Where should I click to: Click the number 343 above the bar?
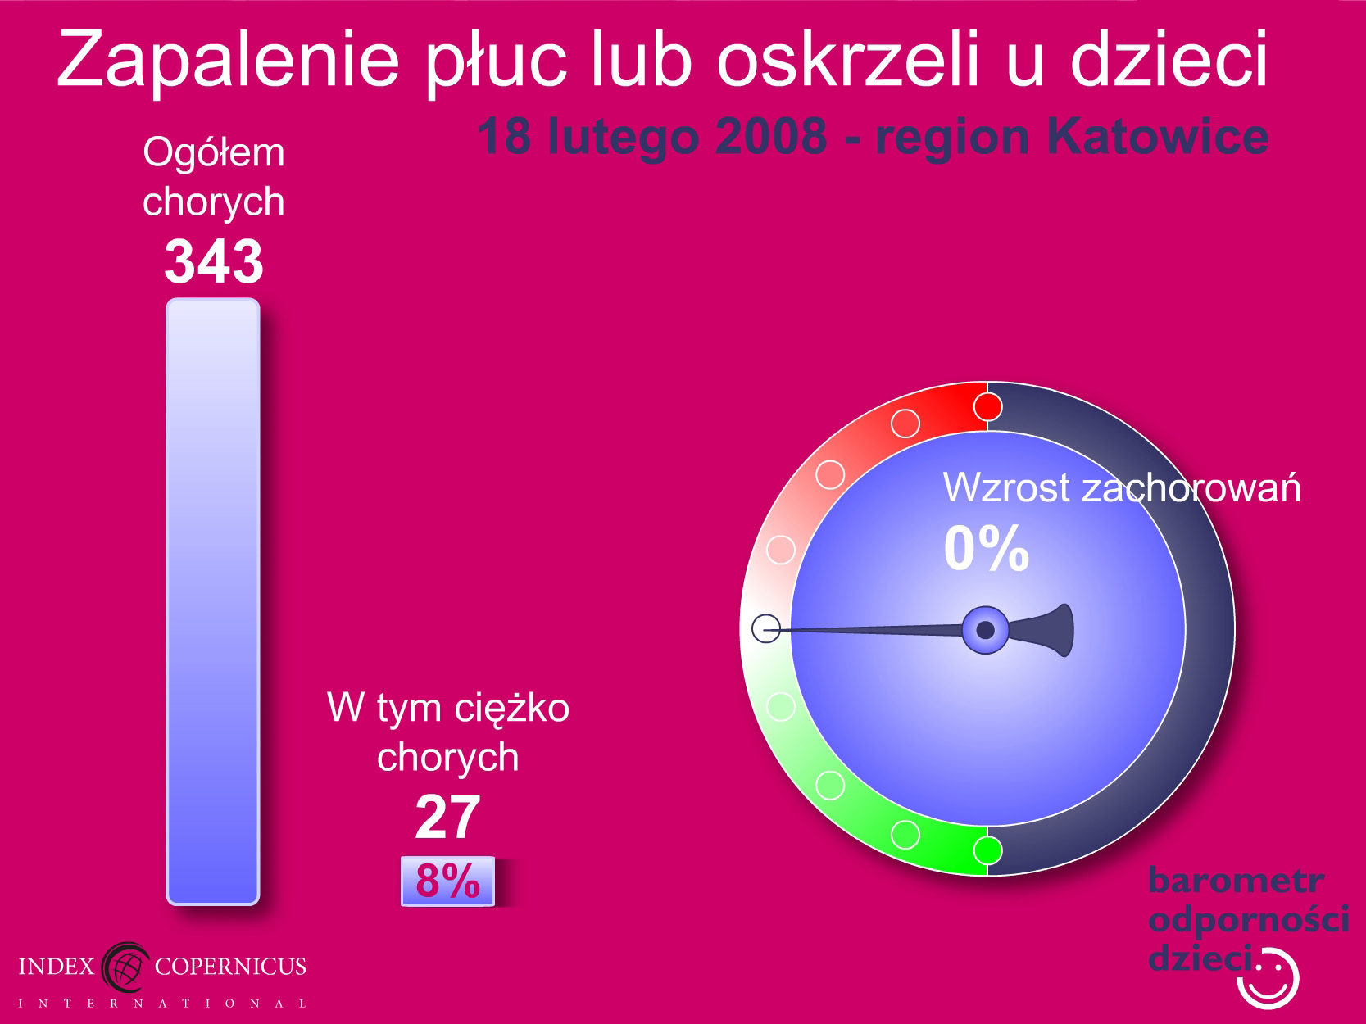point(213,262)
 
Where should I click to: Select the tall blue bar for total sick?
point(213,601)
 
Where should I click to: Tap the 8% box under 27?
point(447,881)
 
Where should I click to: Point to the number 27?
point(447,816)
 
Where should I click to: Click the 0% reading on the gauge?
point(987,548)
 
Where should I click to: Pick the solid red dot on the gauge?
point(987,407)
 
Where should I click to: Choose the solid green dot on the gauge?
point(987,850)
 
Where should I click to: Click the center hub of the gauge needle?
point(985,630)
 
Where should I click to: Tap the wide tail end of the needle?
point(1058,630)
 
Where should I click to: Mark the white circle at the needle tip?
point(766,628)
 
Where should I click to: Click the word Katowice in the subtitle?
point(1158,136)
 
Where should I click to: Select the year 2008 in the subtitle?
point(771,136)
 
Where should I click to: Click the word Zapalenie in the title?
point(228,60)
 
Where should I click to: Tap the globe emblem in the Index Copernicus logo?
point(125,967)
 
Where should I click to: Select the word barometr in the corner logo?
point(1236,880)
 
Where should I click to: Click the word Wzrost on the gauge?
point(1006,487)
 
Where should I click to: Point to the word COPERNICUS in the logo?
point(230,966)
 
